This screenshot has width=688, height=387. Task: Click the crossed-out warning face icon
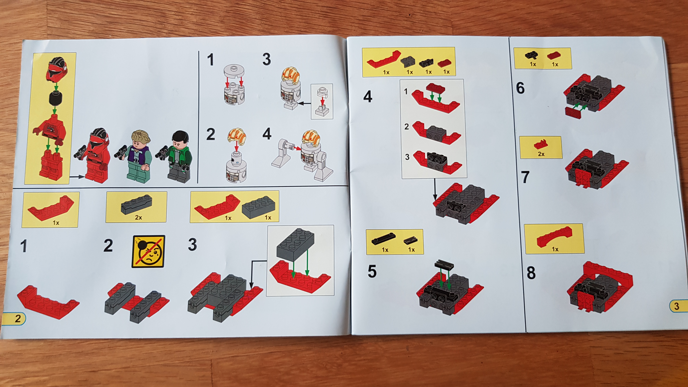(148, 251)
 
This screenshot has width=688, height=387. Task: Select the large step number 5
(372, 272)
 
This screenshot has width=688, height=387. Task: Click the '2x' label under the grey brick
(138, 217)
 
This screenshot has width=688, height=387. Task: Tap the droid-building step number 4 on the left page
(267, 134)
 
